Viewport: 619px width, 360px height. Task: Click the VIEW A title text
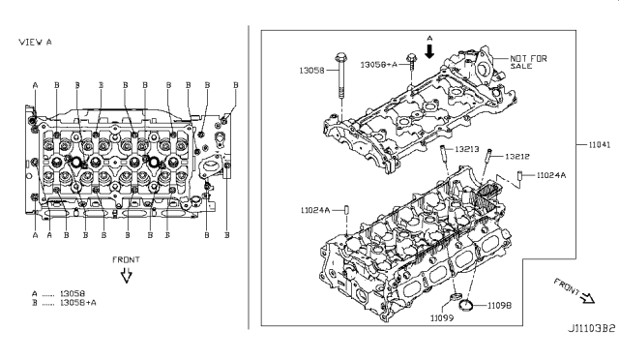[x=35, y=42]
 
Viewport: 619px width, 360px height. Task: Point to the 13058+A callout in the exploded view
[x=377, y=64]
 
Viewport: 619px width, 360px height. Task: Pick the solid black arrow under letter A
[x=429, y=48]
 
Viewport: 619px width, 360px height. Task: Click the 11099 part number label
[x=441, y=317]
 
